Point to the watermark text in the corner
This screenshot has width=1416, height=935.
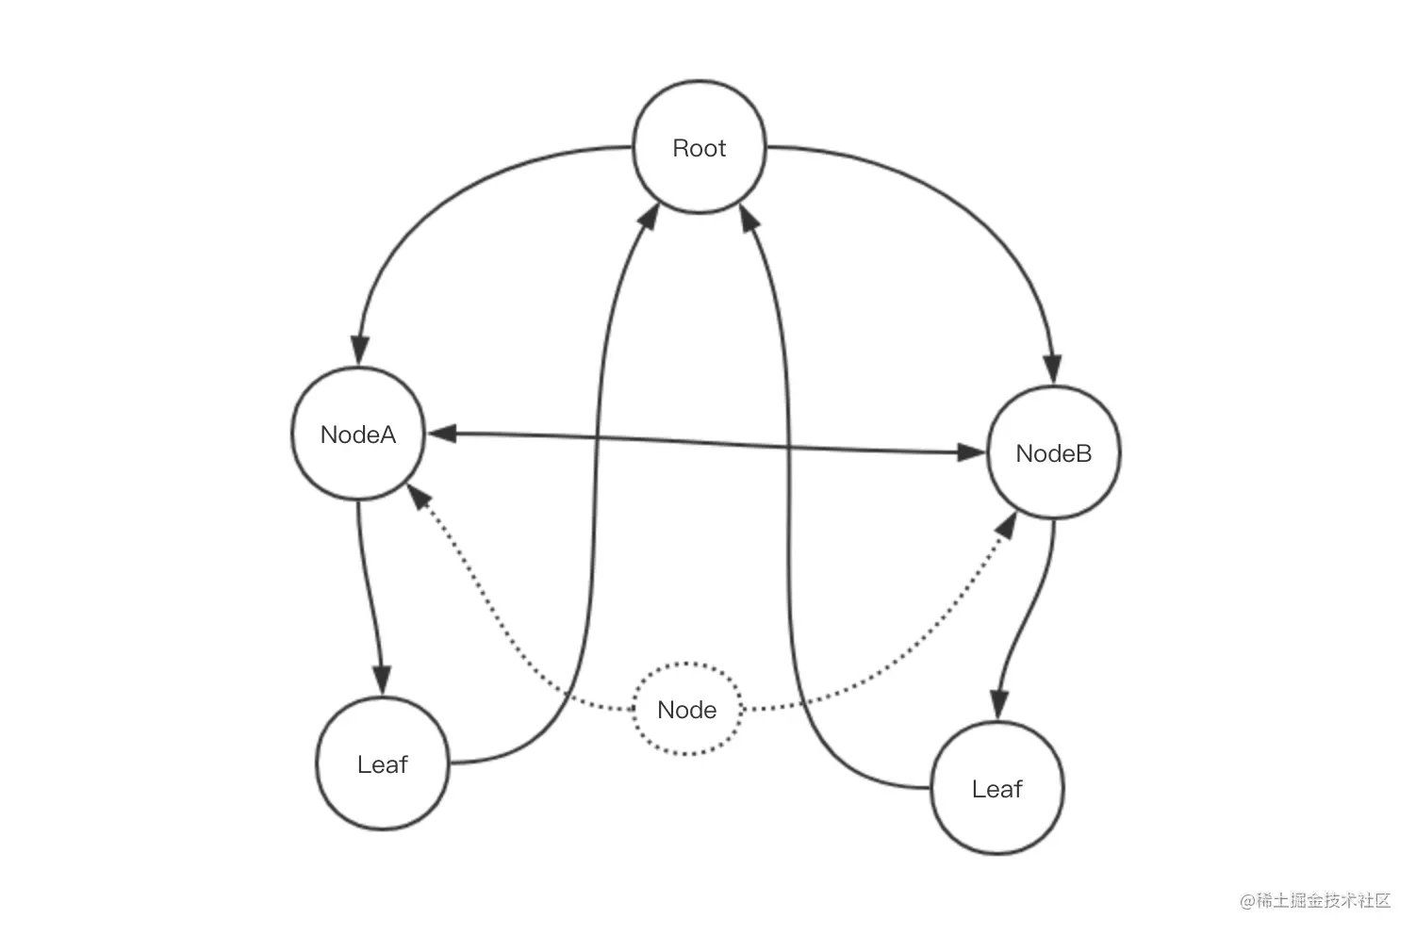pyautogui.click(x=1315, y=900)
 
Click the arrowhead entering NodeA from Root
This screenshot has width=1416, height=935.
pyautogui.click(x=360, y=351)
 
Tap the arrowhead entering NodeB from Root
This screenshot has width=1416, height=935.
pyautogui.click(x=1052, y=369)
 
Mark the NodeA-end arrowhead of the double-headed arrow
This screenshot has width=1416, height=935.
pyautogui.click(x=442, y=433)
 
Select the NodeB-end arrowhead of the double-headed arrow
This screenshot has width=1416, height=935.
pyautogui.click(x=970, y=452)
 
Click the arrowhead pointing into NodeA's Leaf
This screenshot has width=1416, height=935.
pyautogui.click(x=382, y=681)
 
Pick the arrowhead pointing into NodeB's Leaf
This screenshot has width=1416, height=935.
pyautogui.click(x=998, y=705)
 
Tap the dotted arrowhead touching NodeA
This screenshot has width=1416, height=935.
pyautogui.click(x=418, y=496)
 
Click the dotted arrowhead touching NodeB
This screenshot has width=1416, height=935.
pyautogui.click(x=1007, y=525)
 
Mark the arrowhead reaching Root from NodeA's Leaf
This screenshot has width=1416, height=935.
pyautogui.click(x=650, y=216)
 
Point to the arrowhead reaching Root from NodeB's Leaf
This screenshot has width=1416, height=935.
pyautogui.click(x=749, y=218)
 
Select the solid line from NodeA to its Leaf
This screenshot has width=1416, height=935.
pyautogui.click(x=368, y=594)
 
